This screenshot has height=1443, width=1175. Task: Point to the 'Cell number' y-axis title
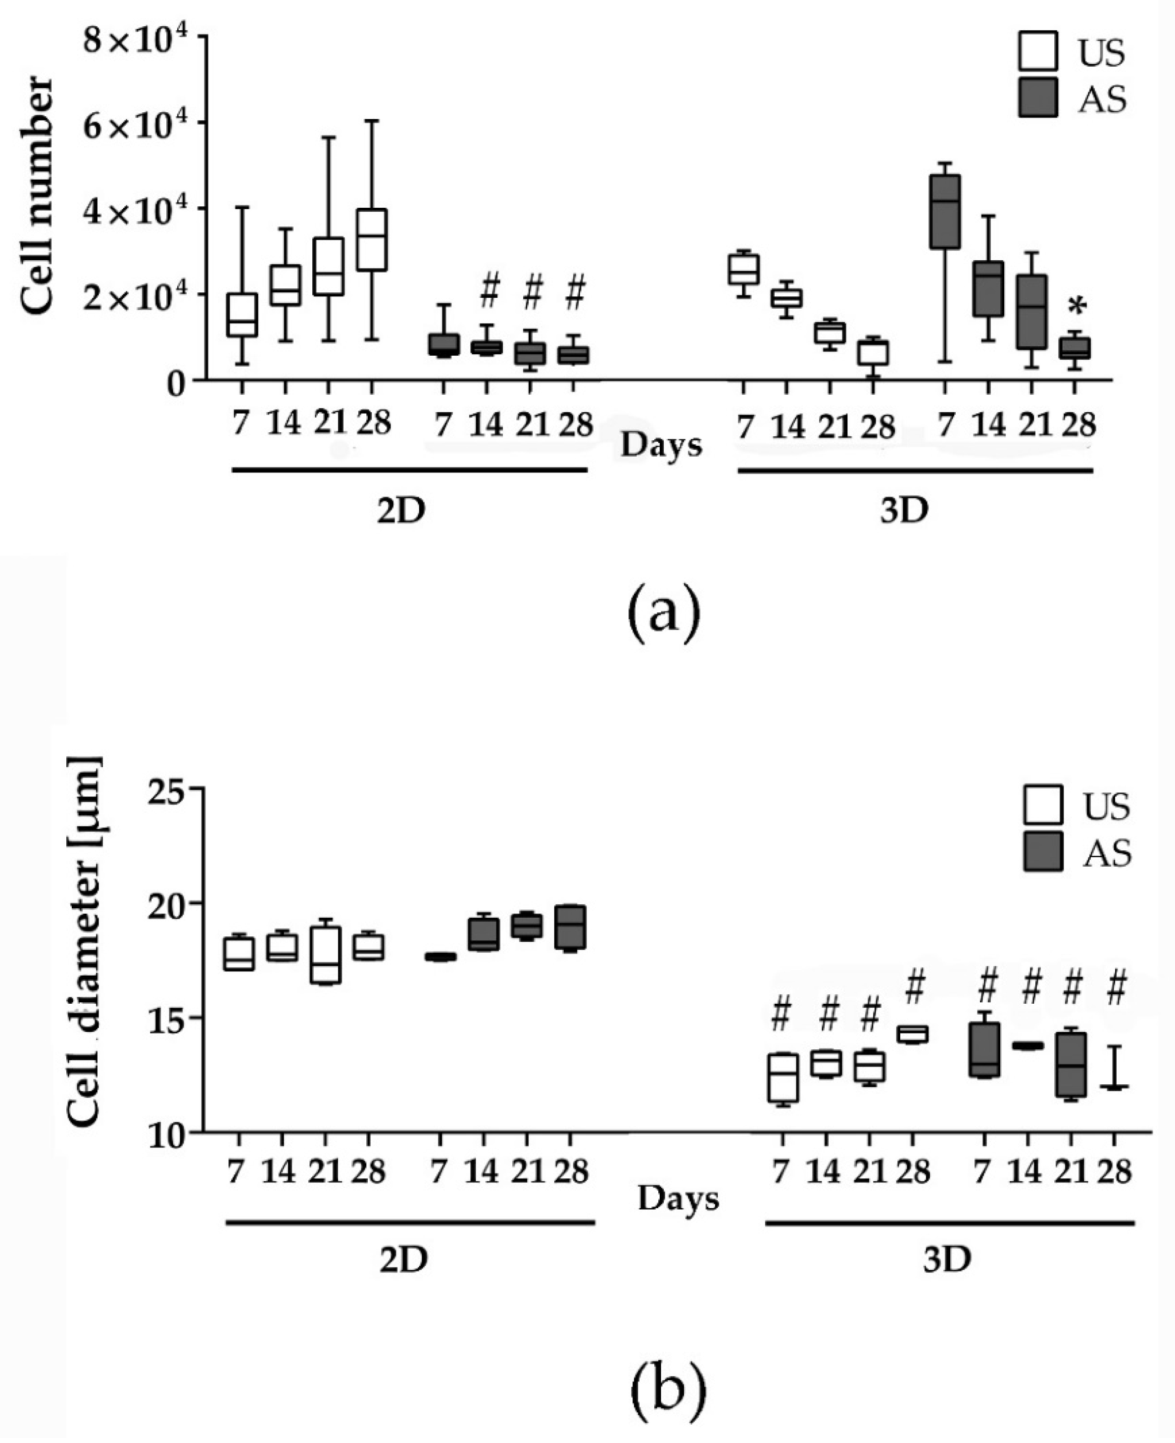[x=37, y=196]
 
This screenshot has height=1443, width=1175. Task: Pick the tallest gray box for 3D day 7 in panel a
[x=945, y=212]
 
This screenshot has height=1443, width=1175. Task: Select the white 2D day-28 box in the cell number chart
[x=372, y=239]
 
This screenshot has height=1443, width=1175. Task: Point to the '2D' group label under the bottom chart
[x=403, y=1259]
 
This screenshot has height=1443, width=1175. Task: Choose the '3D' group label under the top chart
[x=904, y=511]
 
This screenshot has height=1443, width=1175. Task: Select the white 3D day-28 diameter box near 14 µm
[x=912, y=1034]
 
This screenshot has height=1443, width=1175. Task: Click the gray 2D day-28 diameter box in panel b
[x=570, y=927]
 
